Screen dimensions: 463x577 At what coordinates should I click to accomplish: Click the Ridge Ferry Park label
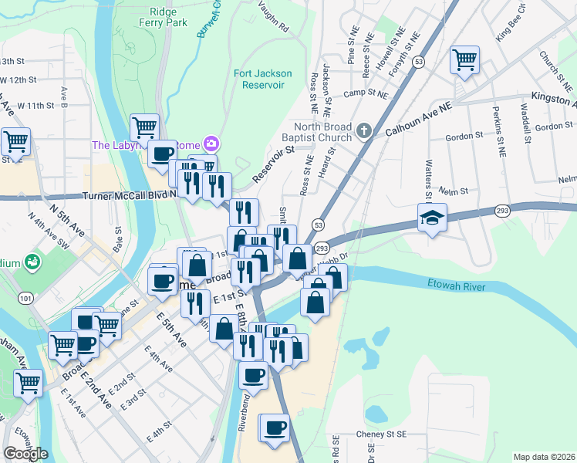click(x=168, y=17)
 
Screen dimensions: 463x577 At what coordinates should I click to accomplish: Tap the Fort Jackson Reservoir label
click(x=263, y=79)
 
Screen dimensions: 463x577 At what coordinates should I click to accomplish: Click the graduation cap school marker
click(x=432, y=217)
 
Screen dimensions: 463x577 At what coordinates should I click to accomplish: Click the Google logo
click(x=25, y=454)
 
